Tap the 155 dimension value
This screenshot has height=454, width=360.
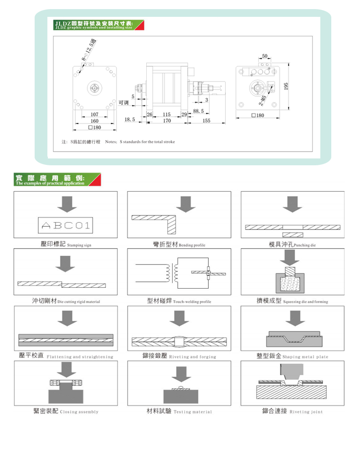(206, 121)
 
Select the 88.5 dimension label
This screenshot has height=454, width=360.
(198, 111)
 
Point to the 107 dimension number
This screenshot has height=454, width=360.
(94, 114)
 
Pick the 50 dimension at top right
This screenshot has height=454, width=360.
(265, 56)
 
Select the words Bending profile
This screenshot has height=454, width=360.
(192, 245)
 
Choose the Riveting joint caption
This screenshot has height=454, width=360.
(306, 412)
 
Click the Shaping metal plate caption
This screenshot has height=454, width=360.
(305, 357)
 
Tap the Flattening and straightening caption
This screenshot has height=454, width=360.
(80, 357)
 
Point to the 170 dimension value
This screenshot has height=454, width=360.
(166, 121)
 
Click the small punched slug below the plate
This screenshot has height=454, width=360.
(293, 234)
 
